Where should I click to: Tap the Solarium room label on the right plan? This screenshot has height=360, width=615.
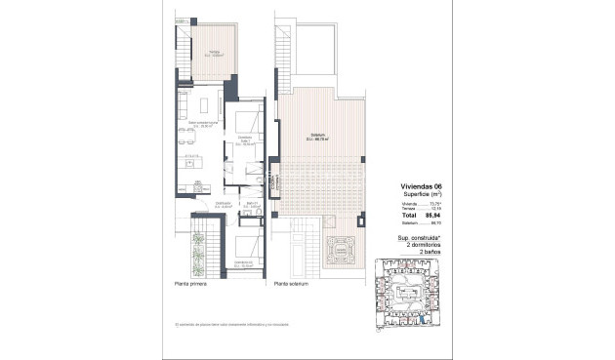[x=318, y=137]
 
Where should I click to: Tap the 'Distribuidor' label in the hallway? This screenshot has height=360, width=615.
[x=209, y=204]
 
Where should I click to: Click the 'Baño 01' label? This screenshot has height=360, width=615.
[x=251, y=204]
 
